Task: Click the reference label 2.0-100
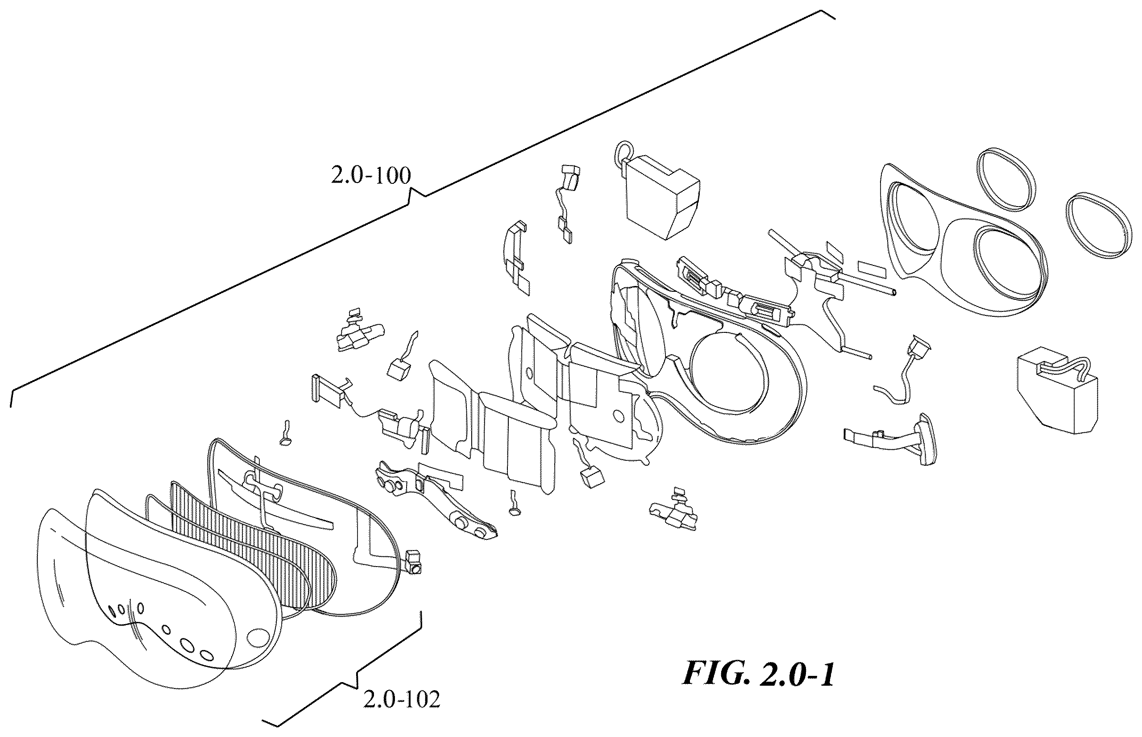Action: coord(371,176)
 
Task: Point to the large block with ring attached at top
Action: coord(663,196)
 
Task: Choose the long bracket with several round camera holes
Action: coord(436,502)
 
